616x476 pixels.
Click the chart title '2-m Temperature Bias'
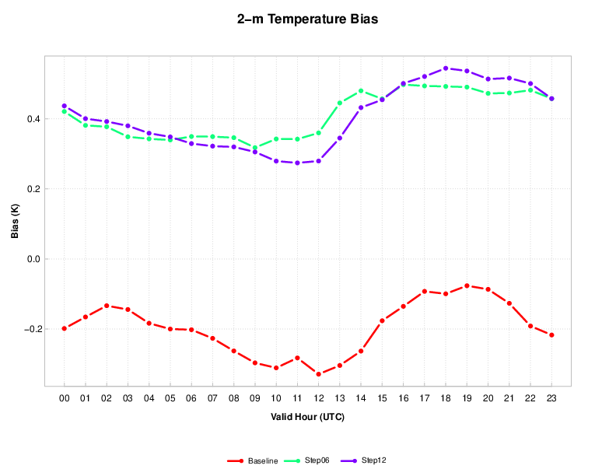click(308, 19)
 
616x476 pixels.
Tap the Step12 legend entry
click(373, 460)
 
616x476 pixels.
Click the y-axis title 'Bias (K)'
click(15, 220)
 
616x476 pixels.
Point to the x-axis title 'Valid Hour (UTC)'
click(308, 417)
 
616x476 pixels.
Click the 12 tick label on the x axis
click(319, 398)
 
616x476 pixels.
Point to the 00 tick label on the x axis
click(65, 398)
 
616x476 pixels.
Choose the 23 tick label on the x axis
click(552, 398)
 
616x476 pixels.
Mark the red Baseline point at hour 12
click(319, 374)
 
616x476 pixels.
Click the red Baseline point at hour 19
click(467, 285)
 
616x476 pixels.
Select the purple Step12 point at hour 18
click(446, 68)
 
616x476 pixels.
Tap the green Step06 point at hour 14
click(361, 91)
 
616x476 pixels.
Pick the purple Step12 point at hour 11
click(297, 163)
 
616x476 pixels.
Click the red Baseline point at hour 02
click(107, 306)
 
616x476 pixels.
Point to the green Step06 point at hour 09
click(255, 148)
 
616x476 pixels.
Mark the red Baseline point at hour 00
click(65, 328)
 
